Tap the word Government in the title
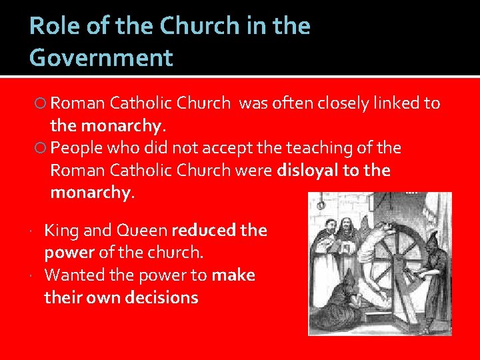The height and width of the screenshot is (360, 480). coord(101,58)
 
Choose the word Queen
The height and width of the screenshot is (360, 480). coord(141,231)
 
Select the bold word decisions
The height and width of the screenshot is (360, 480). coord(161,297)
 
